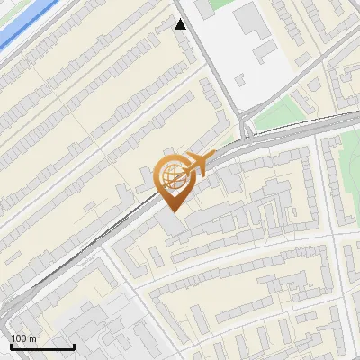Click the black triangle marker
[181, 24]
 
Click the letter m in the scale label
[33, 339]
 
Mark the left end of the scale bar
[12, 347]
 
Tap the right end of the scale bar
[74, 347]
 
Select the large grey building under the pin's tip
[174, 223]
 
